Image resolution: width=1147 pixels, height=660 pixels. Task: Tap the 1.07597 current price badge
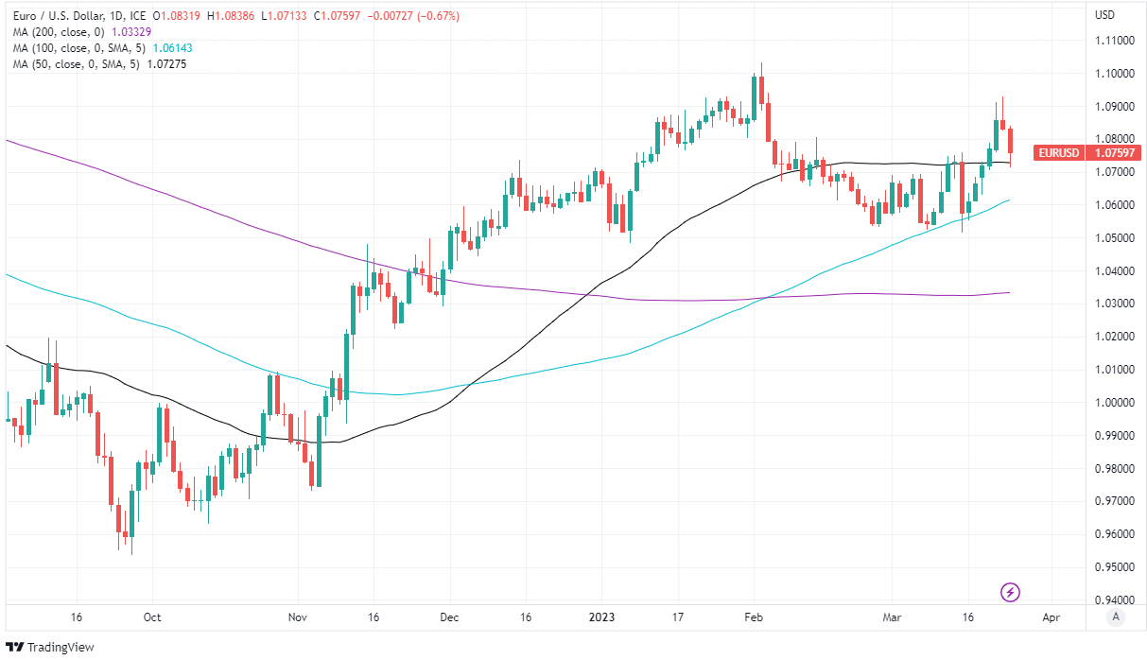[x=1113, y=152]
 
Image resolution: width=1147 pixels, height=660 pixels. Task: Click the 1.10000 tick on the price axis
[x=1113, y=74]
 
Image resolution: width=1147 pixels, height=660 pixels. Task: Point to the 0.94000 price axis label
[x=1113, y=599]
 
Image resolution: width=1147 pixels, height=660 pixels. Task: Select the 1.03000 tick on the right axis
[x=1113, y=304]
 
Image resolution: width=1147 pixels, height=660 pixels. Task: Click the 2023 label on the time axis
[x=601, y=617]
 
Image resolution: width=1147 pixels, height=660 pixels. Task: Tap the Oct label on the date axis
[x=151, y=617]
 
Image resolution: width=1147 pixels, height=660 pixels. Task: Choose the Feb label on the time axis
[x=754, y=617]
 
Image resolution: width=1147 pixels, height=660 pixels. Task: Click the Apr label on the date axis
[x=1050, y=617]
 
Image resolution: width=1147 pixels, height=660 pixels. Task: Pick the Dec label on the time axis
[x=449, y=617]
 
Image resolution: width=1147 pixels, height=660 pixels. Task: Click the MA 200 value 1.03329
[x=131, y=31]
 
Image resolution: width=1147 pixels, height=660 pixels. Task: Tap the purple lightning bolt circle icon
[x=1010, y=593]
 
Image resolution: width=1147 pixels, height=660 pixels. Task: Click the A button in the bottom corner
[x=1116, y=617]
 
